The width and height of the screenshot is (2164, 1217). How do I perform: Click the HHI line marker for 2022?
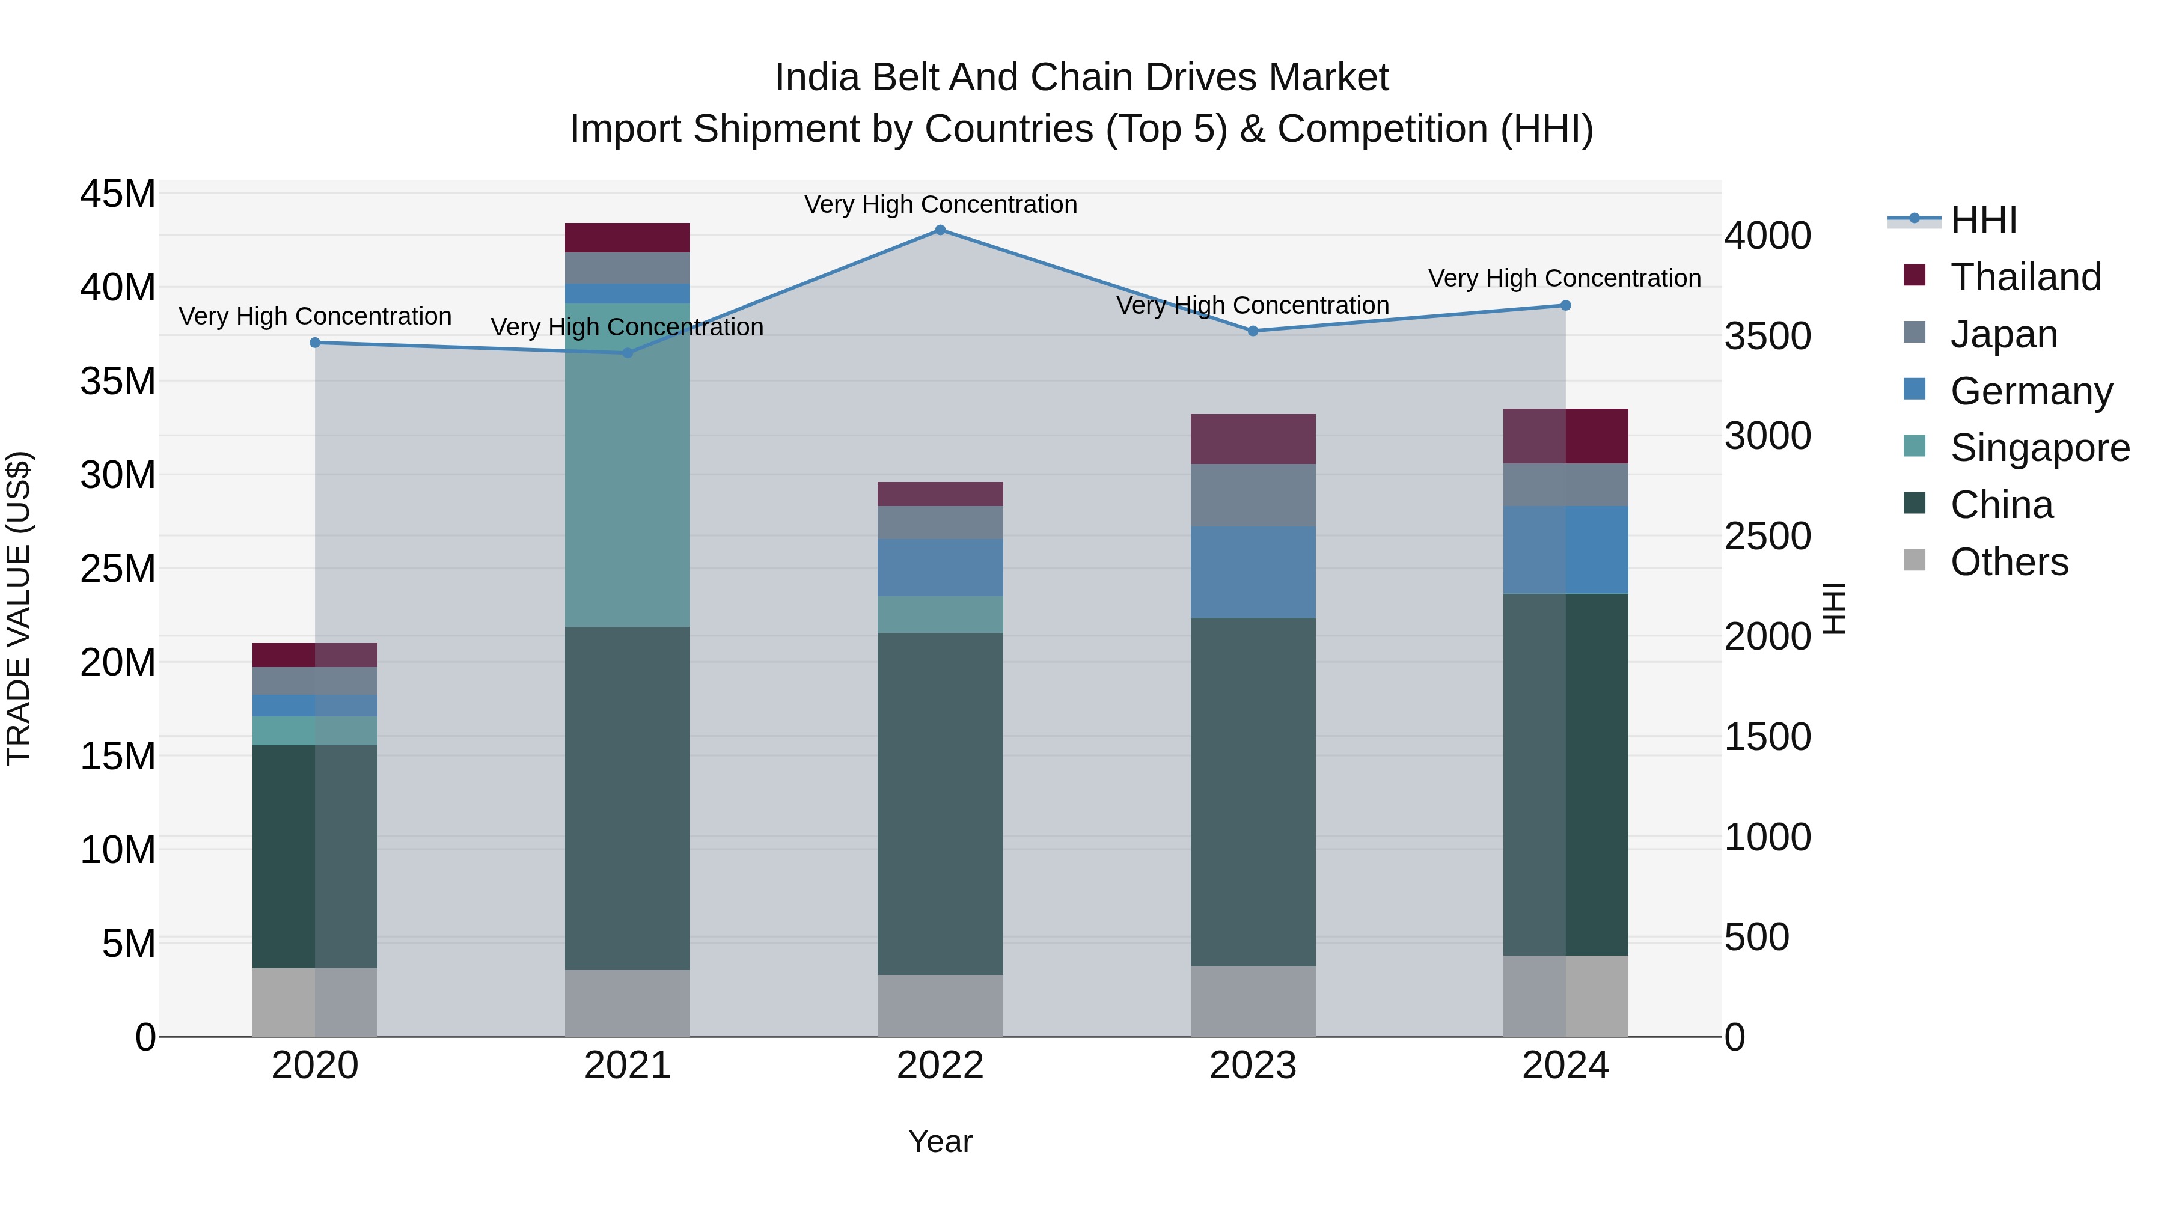[x=940, y=230]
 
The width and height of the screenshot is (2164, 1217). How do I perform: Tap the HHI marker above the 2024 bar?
[x=1565, y=306]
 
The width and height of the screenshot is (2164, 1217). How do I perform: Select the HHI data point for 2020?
[x=315, y=343]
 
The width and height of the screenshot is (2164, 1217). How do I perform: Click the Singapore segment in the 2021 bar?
[x=627, y=465]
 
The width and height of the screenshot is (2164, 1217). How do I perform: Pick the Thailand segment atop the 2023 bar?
[x=1253, y=439]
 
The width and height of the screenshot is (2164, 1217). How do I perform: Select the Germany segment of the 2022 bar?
[x=940, y=568]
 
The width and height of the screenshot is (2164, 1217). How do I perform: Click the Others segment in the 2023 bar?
[x=1253, y=1001]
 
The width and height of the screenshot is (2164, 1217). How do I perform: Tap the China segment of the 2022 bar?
[x=940, y=803]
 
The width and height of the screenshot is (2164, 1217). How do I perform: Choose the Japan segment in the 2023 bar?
[x=1253, y=496]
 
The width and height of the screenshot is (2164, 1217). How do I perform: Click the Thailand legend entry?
[x=2025, y=277]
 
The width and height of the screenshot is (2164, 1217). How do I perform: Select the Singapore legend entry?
[x=2040, y=448]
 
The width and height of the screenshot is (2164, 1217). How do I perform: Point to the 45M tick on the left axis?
[x=118, y=194]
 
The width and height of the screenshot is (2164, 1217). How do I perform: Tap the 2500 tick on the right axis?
[x=1767, y=537]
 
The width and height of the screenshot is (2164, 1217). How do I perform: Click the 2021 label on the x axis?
[x=627, y=1066]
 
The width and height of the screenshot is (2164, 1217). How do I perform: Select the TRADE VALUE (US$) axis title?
[x=19, y=608]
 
